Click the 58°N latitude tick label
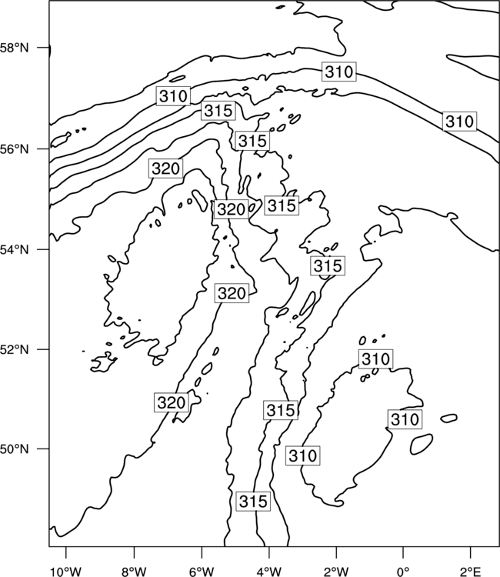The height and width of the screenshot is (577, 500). pyautogui.click(x=14, y=48)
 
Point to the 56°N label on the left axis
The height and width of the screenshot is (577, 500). pyautogui.click(x=14, y=149)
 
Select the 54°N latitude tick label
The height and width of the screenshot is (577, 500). pyautogui.click(x=14, y=249)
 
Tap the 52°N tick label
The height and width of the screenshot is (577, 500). pyautogui.click(x=14, y=349)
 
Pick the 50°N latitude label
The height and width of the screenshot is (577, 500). pyautogui.click(x=14, y=449)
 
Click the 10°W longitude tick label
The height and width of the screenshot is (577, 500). pyautogui.click(x=66, y=572)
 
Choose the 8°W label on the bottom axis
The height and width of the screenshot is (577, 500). pyautogui.click(x=134, y=572)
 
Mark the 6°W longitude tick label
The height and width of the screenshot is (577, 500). pyautogui.click(x=202, y=572)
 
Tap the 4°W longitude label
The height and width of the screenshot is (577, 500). pyautogui.click(x=269, y=572)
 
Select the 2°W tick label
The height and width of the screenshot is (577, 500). pyautogui.click(x=336, y=572)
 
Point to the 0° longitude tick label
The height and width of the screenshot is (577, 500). pyautogui.click(x=403, y=572)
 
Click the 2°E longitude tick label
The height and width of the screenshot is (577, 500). pyautogui.click(x=471, y=572)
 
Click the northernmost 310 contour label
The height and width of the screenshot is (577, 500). pyautogui.click(x=339, y=72)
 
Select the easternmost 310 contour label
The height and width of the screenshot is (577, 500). pyautogui.click(x=459, y=121)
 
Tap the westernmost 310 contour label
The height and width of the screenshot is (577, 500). pyautogui.click(x=173, y=96)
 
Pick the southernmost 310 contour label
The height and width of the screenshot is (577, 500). pyautogui.click(x=303, y=455)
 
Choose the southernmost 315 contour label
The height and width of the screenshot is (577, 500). pyautogui.click(x=253, y=501)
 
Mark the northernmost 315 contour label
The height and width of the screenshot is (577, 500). pyautogui.click(x=218, y=110)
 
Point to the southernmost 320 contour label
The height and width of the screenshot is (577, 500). pyautogui.click(x=172, y=402)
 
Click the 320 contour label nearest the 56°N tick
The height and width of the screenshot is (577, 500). pyautogui.click(x=166, y=168)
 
